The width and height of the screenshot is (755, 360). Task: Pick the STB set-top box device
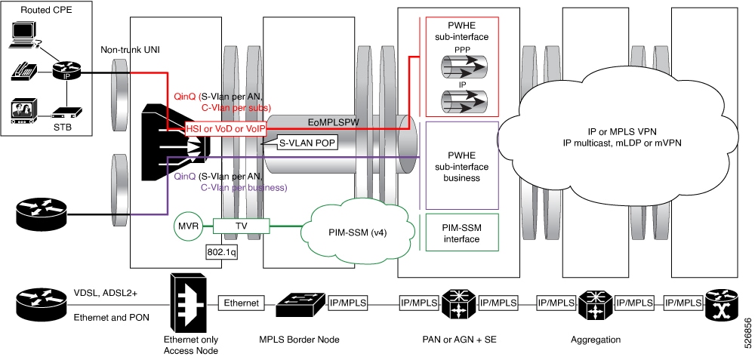tap(67, 115)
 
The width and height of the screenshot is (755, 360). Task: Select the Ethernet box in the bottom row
tap(240, 303)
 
